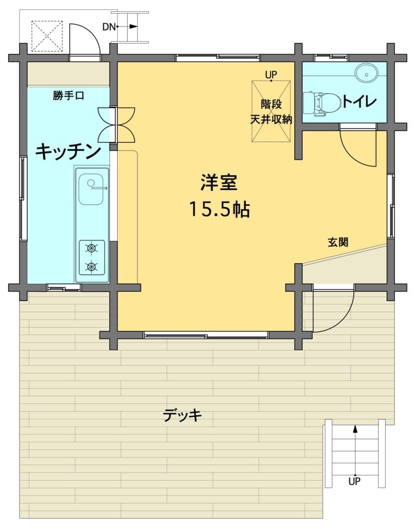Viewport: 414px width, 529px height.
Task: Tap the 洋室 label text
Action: (x=219, y=182)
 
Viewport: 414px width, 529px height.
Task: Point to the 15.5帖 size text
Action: (x=219, y=209)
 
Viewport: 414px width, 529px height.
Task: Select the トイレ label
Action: (x=359, y=101)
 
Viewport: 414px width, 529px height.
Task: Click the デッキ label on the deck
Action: (x=183, y=415)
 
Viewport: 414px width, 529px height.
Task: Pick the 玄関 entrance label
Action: (x=338, y=242)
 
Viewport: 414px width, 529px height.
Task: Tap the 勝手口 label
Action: (x=68, y=95)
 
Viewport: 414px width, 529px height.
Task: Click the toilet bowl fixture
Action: (x=321, y=104)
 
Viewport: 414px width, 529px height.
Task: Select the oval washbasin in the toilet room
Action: (x=366, y=73)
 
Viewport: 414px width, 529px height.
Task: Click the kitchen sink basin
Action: (x=91, y=189)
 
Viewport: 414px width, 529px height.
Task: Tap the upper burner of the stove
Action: (x=91, y=249)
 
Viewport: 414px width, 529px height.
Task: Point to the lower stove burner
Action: (x=91, y=267)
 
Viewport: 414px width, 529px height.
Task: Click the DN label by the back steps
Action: (x=109, y=26)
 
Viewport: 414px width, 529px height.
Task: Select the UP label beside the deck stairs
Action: (x=355, y=481)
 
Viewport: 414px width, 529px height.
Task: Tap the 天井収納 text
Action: (x=271, y=120)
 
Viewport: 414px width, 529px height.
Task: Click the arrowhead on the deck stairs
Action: (x=355, y=428)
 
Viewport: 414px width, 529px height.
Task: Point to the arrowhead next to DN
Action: (x=134, y=26)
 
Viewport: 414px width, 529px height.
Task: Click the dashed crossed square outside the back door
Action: (x=47, y=36)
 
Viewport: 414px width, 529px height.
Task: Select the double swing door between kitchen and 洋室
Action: (x=116, y=125)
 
